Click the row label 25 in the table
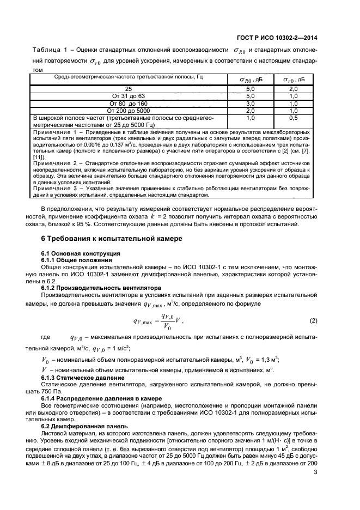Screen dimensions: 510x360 click(x=128, y=89)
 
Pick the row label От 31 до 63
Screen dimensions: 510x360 click(x=128, y=96)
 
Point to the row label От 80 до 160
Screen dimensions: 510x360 click(x=128, y=103)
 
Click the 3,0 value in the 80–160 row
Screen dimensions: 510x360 click(x=251, y=103)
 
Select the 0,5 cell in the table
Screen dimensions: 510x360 click(x=293, y=117)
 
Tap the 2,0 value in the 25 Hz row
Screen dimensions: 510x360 click(x=293, y=89)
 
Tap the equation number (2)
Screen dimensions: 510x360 click(x=313, y=320)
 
